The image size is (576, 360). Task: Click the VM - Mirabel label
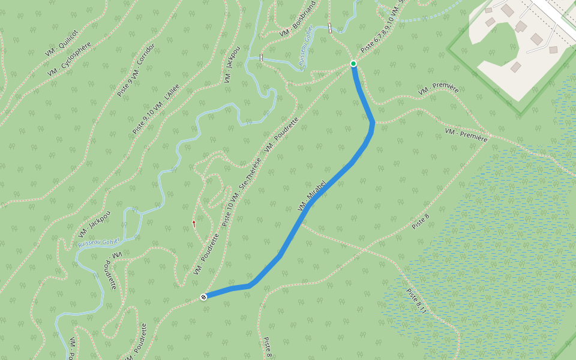(311, 195)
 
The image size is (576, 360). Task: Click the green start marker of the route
(353, 64)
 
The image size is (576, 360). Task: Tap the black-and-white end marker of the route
(204, 296)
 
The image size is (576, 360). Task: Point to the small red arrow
(194, 223)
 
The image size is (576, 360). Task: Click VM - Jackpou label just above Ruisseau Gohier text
(95, 223)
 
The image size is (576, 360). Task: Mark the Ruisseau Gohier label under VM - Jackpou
(99, 242)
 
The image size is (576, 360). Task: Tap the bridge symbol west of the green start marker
(261, 58)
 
